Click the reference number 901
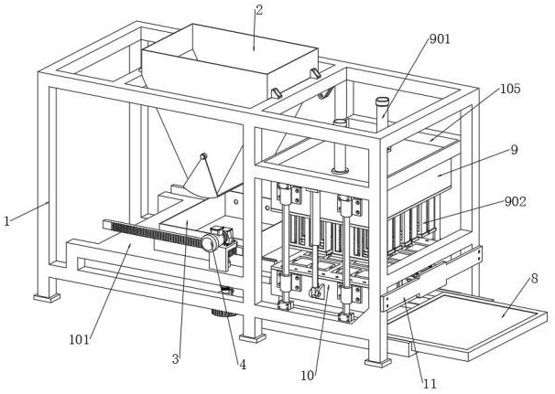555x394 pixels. click(440, 39)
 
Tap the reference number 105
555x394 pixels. click(510, 89)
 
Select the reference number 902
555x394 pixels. click(516, 202)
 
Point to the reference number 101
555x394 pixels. click(79, 339)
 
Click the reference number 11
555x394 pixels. click(430, 384)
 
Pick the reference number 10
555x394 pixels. click(307, 376)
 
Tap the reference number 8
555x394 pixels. click(534, 279)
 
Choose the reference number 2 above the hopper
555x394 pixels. click(259, 10)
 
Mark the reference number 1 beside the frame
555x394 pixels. click(6, 221)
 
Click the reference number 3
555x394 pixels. click(176, 359)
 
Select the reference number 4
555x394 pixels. click(243, 365)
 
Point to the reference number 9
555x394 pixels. click(515, 150)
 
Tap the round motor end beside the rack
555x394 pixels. click(209, 244)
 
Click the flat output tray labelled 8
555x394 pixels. click(471, 324)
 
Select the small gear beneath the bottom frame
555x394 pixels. click(223, 313)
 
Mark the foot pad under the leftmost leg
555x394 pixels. click(47, 298)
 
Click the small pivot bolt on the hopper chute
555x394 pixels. click(203, 155)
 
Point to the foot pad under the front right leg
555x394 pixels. click(378, 363)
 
